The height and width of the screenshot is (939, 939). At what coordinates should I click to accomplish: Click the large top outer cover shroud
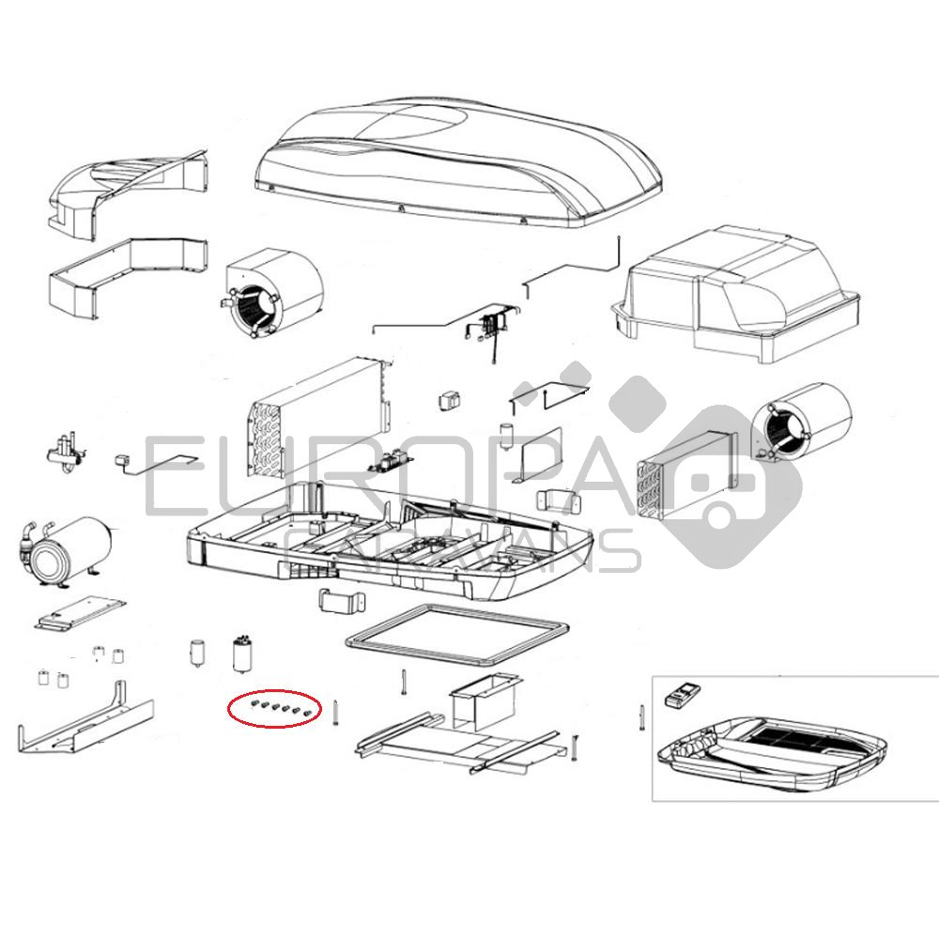[x=458, y=162]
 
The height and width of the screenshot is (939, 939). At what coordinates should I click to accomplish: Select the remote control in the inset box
[x=682, y=694]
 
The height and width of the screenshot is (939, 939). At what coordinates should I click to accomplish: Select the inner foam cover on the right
[x=735, y=295]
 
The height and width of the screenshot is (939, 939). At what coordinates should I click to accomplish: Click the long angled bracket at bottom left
[x=85, y=719]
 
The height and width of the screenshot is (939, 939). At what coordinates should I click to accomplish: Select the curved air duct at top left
[x=128, y=192]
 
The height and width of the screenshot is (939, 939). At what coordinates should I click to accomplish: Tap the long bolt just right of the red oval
[x=336, y=713]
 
